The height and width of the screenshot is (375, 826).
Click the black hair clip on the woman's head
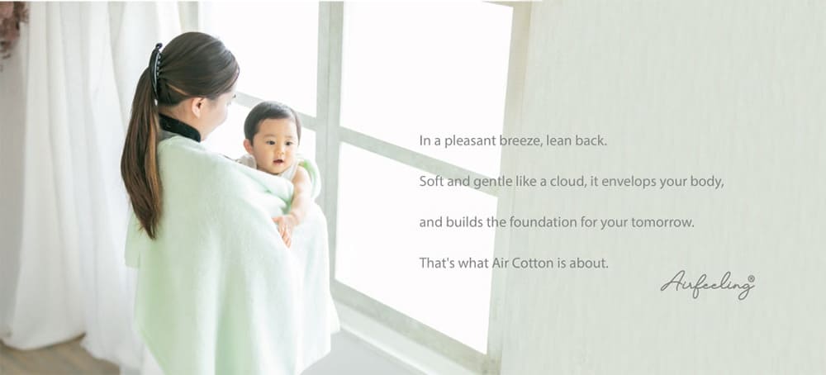click(155, 69)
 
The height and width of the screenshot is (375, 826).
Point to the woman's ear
click(198, 107)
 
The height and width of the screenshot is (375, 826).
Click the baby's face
click(273, 144)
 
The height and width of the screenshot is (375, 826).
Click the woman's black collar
click(179, 128)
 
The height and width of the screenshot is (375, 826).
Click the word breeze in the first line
click(517, 141)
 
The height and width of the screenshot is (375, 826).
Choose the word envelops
click(625, 183)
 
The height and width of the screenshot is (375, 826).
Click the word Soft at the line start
click(430, 182)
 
